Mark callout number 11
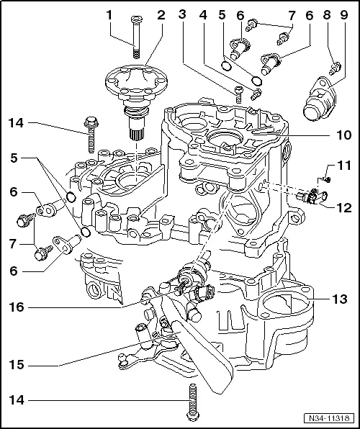click(x=343, y=166)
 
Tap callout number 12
click(x=343, y=208)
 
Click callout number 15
click(x=17, y=366)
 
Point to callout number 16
click(x=17, y=307)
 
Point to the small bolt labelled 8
click(x=334, y=70)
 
